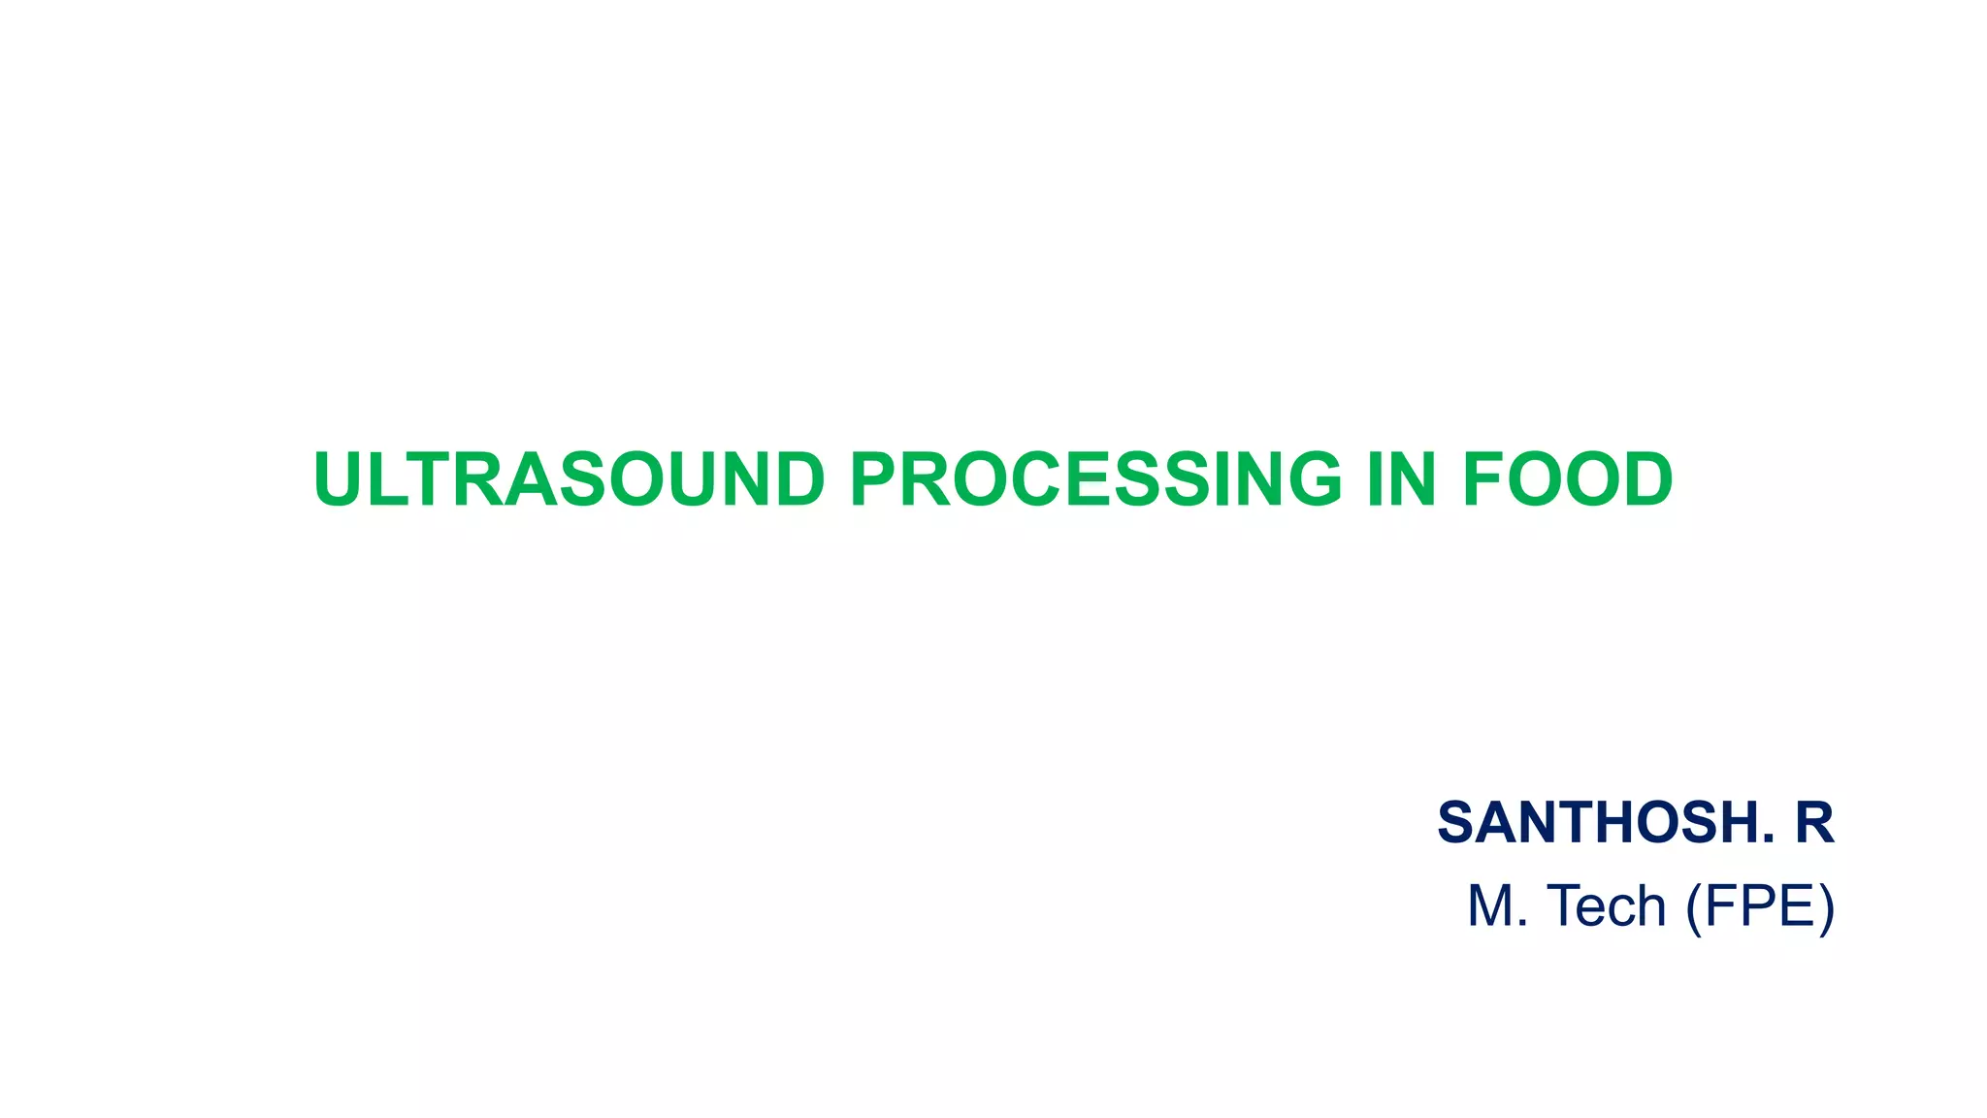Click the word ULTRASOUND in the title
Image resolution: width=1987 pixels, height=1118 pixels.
tap(569, 479)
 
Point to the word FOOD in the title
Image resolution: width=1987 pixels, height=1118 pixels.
tap(1568, 479)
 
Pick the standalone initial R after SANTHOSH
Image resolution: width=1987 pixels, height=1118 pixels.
tap(1813, 823)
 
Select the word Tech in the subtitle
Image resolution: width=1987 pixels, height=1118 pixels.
tap(1607, 906)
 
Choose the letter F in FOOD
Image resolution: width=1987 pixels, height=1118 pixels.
tap(1484, 479)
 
